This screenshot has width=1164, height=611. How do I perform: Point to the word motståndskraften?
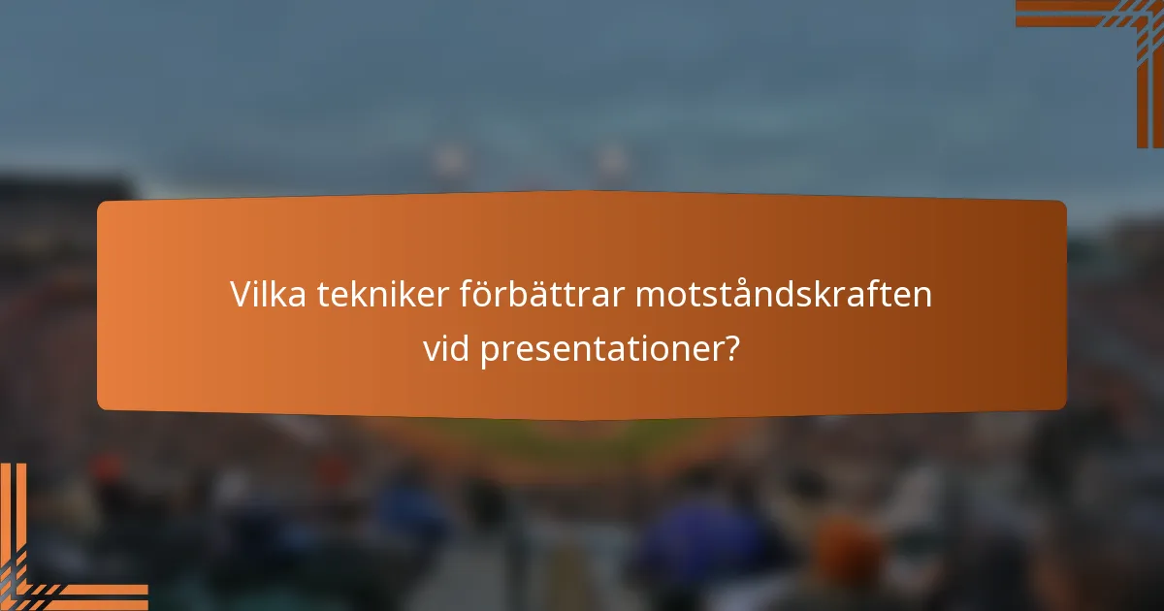[x=784, y=295]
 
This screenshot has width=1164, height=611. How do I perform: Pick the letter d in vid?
[x=460, y=350]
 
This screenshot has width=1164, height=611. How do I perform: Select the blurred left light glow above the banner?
[x=449, y=158]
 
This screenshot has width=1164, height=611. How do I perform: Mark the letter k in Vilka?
[x=280, y=295]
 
